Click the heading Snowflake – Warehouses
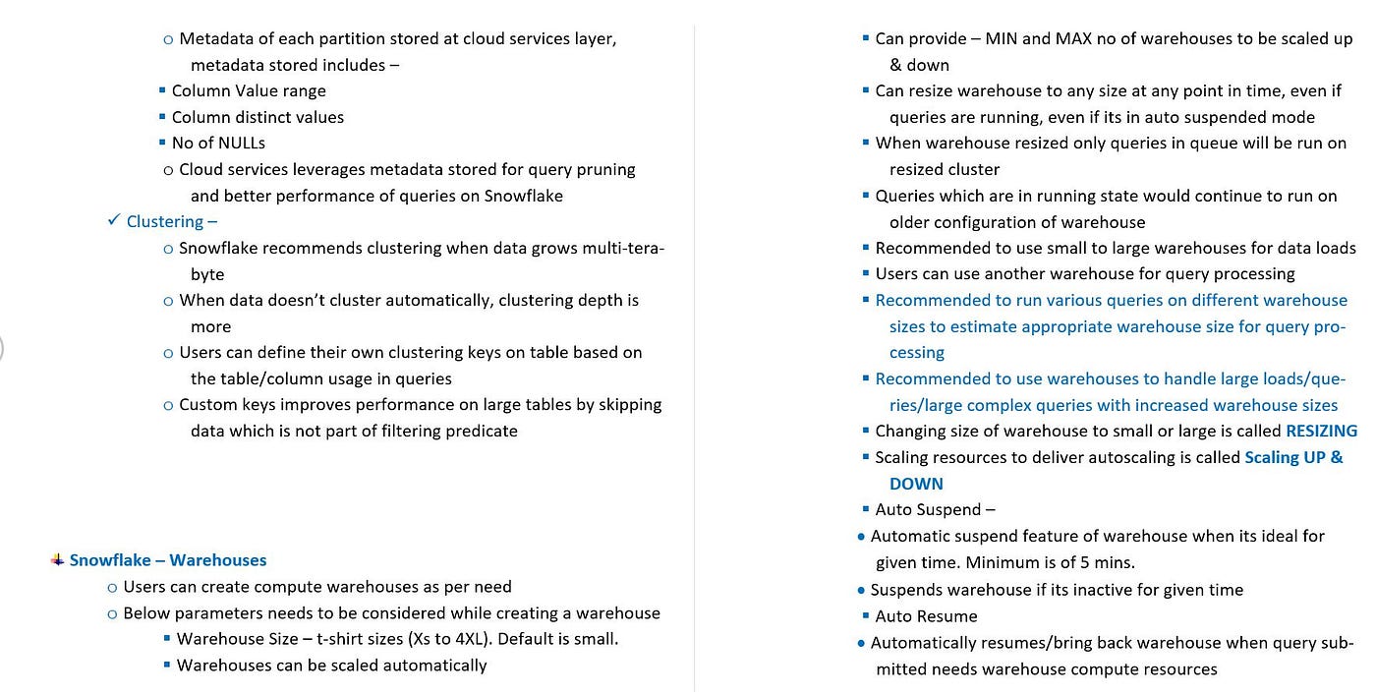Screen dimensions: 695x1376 point(167,560)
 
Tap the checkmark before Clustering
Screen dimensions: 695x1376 point(113,220)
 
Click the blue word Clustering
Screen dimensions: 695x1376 point(165,221)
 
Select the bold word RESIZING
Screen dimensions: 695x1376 point(1321,431)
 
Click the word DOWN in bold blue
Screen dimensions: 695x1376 point(916,484)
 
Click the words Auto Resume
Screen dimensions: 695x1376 point(926,616)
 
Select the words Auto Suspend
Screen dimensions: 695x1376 point(928,509)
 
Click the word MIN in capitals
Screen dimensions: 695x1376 point(1002,38)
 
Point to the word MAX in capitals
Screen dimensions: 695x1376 point(1076,38)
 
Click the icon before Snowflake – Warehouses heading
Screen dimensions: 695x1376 point(57,559)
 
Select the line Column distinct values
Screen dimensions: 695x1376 point(258,117)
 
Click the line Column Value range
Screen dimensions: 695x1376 point(249,90)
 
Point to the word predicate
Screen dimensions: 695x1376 point(481,431)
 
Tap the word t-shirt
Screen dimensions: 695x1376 point(348,639)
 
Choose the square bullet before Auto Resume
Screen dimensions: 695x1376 point(865,616)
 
